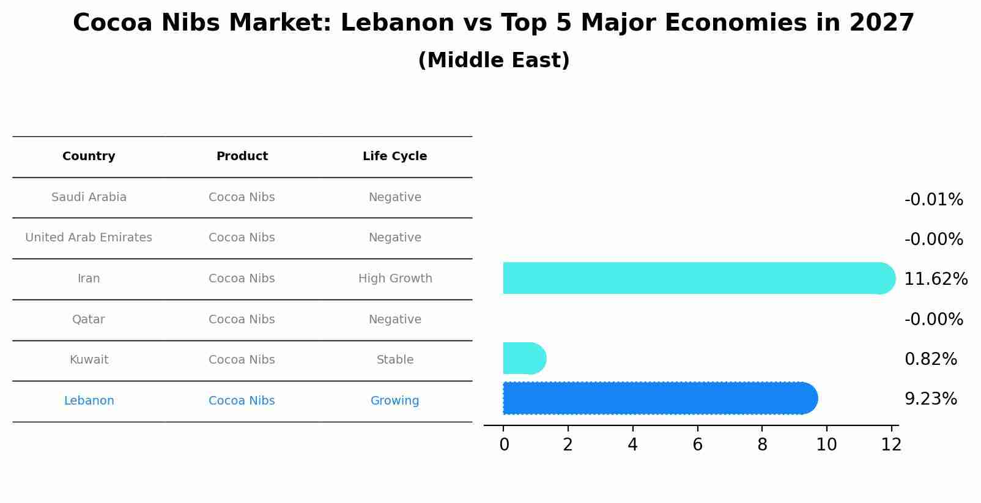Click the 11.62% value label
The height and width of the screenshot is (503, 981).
tap(935, 279)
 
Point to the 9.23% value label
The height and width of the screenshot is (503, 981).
tap(930, 399)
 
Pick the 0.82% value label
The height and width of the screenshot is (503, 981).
tap(930, 359)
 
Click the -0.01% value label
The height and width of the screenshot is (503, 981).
tap(933, 200)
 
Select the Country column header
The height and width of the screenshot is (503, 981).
tap(89, 156)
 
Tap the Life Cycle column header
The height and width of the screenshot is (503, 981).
tap(394, 156)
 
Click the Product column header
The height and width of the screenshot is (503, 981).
tap(242, 156)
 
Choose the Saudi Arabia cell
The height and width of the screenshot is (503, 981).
tap(89, 197)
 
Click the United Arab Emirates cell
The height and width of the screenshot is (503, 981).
tap(89, 238)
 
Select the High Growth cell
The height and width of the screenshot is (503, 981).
tap(395, 279)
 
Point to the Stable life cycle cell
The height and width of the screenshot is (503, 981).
tap(395, 360)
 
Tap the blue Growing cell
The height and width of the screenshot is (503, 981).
tap(394, 401)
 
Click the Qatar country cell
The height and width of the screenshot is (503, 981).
tap(89, 320)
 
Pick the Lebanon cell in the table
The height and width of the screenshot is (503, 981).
tap(89, 401)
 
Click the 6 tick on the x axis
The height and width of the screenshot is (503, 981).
tap(697, 444)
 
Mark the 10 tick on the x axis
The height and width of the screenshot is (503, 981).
tap(826, 444)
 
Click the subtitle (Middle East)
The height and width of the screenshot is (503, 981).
tap(494, 61)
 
